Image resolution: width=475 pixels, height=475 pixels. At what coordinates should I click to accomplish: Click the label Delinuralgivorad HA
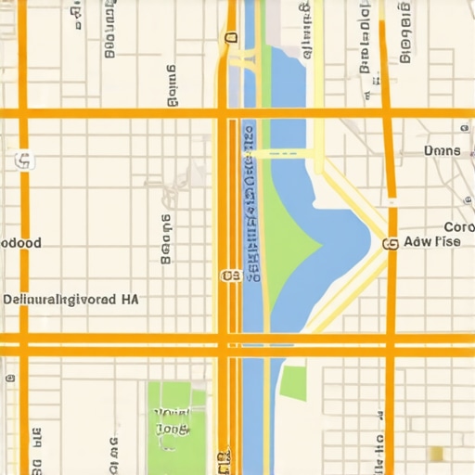click(x=71, y=300)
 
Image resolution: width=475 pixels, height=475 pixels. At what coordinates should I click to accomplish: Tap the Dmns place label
click(x=442, y=150)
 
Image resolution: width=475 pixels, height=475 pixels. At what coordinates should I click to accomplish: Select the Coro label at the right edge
click(x=458, y=227)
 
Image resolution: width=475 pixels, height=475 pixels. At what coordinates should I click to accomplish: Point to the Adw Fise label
click(x=434, y=243)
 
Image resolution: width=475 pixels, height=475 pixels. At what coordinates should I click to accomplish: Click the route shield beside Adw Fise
click(x=390, y=244)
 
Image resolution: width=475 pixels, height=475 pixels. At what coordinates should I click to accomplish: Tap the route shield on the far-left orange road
click(x=23, y=161)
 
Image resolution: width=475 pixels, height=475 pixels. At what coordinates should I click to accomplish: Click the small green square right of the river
click(x=293, y=382)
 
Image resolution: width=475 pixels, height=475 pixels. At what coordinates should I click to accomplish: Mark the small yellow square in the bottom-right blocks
click(x=436, y=454)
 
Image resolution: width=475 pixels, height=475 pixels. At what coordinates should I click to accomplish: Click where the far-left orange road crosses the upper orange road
click(x=24, y=113)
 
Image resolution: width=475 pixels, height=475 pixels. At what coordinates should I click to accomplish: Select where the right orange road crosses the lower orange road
click(x=392, y=345)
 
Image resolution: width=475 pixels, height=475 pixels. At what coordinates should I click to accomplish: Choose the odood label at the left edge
click(x=20, y=242)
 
